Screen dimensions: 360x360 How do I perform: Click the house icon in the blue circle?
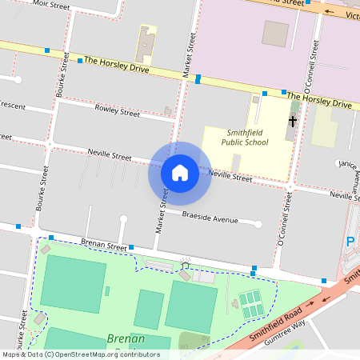[179, 172]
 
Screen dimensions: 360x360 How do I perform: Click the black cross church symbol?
[293, 122]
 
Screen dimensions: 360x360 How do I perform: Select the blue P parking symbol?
[350, 241]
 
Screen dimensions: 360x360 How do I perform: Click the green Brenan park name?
[126, 339]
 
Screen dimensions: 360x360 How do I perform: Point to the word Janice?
[346, 163]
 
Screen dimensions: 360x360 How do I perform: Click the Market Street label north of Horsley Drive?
[190, 56]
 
